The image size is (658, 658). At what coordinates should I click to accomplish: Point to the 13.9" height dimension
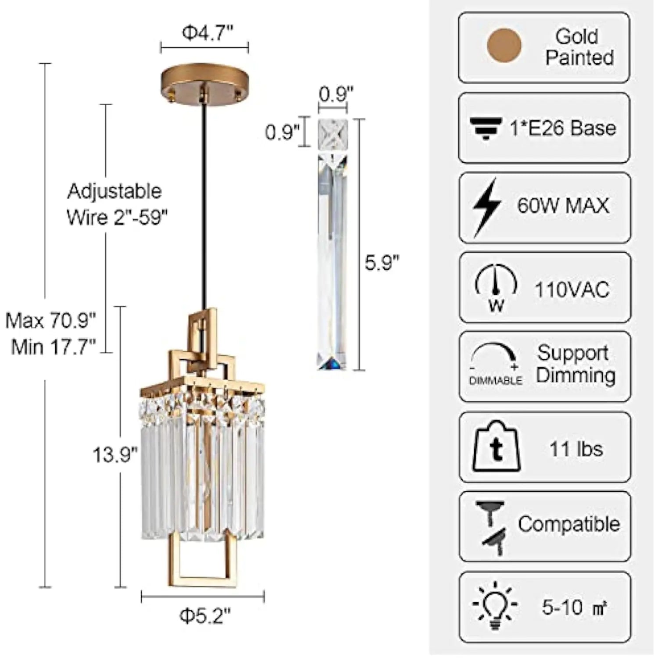115,455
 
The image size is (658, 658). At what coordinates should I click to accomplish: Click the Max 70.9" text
51,321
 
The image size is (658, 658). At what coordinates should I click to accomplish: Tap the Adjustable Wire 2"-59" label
116,204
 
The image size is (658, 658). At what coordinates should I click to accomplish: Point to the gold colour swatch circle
504,46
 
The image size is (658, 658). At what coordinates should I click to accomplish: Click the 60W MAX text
563,205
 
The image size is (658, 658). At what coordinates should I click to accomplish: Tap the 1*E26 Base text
563,128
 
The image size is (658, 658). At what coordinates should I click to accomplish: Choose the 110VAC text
572,290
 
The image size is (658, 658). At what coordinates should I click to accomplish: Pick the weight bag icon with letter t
496,447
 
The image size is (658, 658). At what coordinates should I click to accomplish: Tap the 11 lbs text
576,449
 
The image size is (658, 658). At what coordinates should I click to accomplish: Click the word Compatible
569,524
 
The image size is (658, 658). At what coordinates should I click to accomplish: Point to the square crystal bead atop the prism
333,133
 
